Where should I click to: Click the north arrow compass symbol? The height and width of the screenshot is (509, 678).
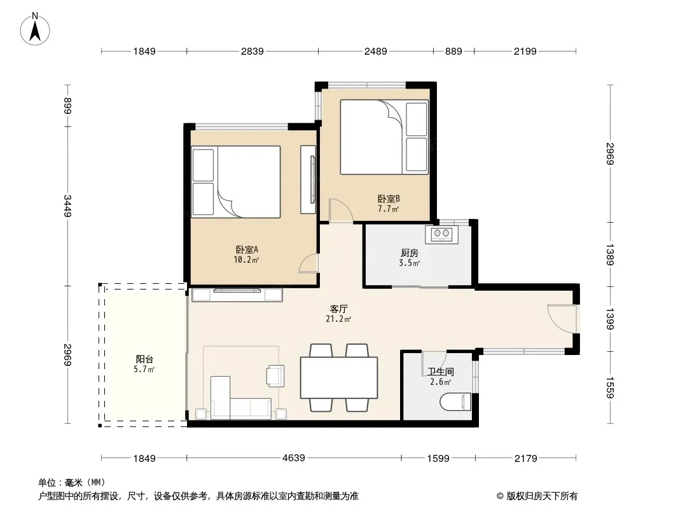tap(35, 29)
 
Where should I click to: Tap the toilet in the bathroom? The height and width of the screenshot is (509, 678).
tap(455, 401)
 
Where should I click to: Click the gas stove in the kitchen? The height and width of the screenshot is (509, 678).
tap(441, 234)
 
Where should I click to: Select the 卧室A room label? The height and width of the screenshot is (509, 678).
tap(247, 249)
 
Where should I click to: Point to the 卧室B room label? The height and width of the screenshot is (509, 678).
tap(389, 199)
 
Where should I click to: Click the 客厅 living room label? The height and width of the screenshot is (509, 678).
tap(338, 309)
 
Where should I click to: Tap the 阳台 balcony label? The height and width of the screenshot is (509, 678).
tap(144, 359)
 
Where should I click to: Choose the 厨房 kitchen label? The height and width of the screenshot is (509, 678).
tap(410, 253)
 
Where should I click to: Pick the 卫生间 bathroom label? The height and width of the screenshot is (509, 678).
tap(441, 372)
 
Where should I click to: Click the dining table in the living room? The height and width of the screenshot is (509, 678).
tap(339, 377)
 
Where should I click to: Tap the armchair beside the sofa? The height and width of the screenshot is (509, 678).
tap(275, 375)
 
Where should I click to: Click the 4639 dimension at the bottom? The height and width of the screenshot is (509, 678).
tap(294, 457)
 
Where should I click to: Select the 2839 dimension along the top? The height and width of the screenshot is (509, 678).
tap(252, 51)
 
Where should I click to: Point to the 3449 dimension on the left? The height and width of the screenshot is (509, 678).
tap(67, 206)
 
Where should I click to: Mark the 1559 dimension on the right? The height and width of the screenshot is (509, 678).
tap(610, 387)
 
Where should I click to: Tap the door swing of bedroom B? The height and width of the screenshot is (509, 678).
tap(340, 211)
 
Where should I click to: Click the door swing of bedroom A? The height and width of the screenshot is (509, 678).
tap(308, 263)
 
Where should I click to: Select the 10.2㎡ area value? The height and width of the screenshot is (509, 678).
tap(246, 260)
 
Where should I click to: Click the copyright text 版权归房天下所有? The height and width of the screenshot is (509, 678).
tap(542, 496)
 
